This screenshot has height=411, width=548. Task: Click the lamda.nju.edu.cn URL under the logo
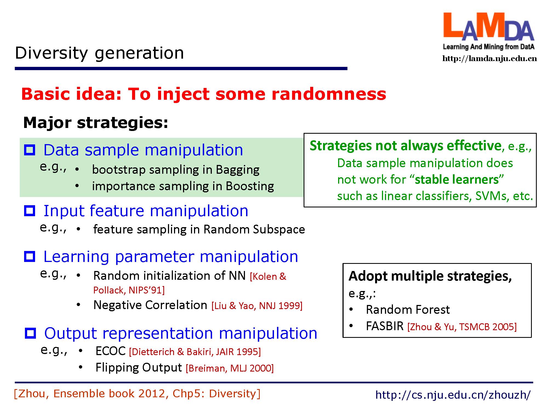490,59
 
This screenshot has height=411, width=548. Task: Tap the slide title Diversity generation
99,53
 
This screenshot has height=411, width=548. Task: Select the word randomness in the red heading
329,94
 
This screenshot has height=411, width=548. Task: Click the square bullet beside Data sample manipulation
30,150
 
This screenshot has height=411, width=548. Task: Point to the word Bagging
238,170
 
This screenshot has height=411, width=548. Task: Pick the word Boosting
250,186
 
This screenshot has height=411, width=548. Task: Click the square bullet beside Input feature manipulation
30,211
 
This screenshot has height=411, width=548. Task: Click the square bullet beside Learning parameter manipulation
30,256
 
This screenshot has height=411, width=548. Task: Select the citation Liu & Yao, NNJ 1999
257,306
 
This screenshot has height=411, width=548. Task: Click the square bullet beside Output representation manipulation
30,333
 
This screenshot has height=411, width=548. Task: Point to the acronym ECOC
110,351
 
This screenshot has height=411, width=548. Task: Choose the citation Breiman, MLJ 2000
230,368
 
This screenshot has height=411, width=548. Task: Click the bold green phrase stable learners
456,180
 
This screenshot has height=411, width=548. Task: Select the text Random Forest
408,310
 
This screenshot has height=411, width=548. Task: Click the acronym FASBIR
385,326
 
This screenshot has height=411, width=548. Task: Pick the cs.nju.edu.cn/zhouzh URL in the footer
453,395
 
